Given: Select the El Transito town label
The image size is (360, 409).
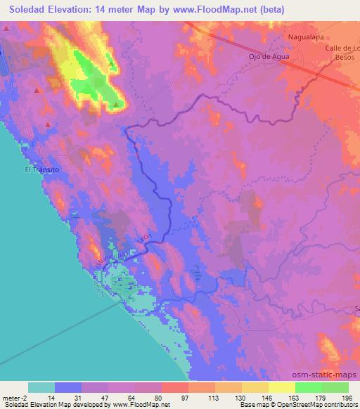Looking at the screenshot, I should [42, 169].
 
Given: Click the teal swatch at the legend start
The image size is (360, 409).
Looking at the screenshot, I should [41, 387].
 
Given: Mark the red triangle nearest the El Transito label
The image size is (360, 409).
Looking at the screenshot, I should [48, 125].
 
